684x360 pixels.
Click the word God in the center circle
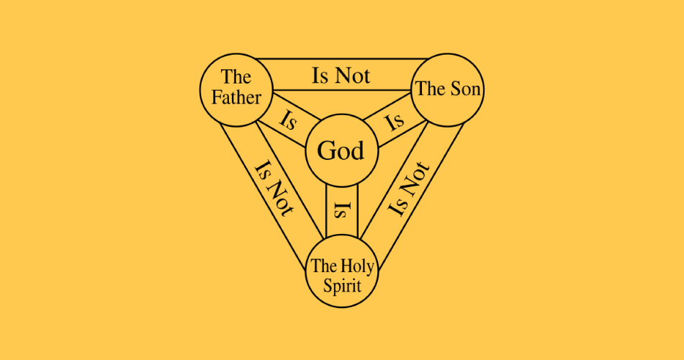pos(341,151)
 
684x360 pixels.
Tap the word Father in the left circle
pos(236,97)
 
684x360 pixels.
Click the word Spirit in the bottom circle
pos(342,287)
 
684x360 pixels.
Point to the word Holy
pos(357,266)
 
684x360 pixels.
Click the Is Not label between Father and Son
pos(341,76)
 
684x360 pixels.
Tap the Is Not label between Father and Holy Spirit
pos(274,189)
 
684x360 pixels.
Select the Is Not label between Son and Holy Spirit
pos(409,189)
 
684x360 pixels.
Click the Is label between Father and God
pos(288,121)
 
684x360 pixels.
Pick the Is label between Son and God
pos(395,121)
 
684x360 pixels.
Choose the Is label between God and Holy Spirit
pos(342,210)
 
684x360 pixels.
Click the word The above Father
pos(236,77)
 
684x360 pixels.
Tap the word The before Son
pos(431,89)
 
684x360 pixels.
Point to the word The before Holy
pos(325,266)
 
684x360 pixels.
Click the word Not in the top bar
pos(354,76)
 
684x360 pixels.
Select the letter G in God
pos(325,151)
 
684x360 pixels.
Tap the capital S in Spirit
pos(328,287)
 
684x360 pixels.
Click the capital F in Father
pos(217,97)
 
